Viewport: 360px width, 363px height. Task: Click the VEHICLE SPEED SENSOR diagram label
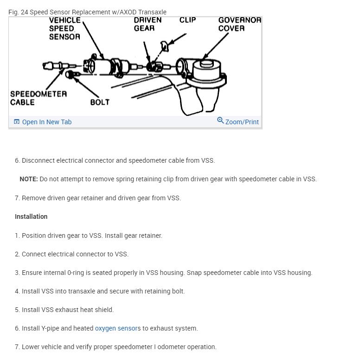click(64, 28)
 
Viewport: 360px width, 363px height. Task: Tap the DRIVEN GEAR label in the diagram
click(148, 24)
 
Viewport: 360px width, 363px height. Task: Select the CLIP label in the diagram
click(187, 20)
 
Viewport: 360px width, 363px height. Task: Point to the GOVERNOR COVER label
click(239, 24)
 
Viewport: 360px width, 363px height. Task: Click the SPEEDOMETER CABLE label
click(39, 98)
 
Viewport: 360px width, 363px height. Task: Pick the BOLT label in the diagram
click(100, 102)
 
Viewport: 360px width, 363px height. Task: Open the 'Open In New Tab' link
click(47, 122)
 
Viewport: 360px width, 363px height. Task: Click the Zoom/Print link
click(242, 122)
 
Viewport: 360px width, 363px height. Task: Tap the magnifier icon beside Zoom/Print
click(220, 121)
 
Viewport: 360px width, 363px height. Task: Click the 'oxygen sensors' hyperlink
click(117, 328)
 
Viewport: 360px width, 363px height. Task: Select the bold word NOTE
click(28, 179)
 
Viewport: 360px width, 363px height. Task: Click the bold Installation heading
click(31, 217)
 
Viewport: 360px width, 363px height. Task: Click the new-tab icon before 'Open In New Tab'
click(17, 122)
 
